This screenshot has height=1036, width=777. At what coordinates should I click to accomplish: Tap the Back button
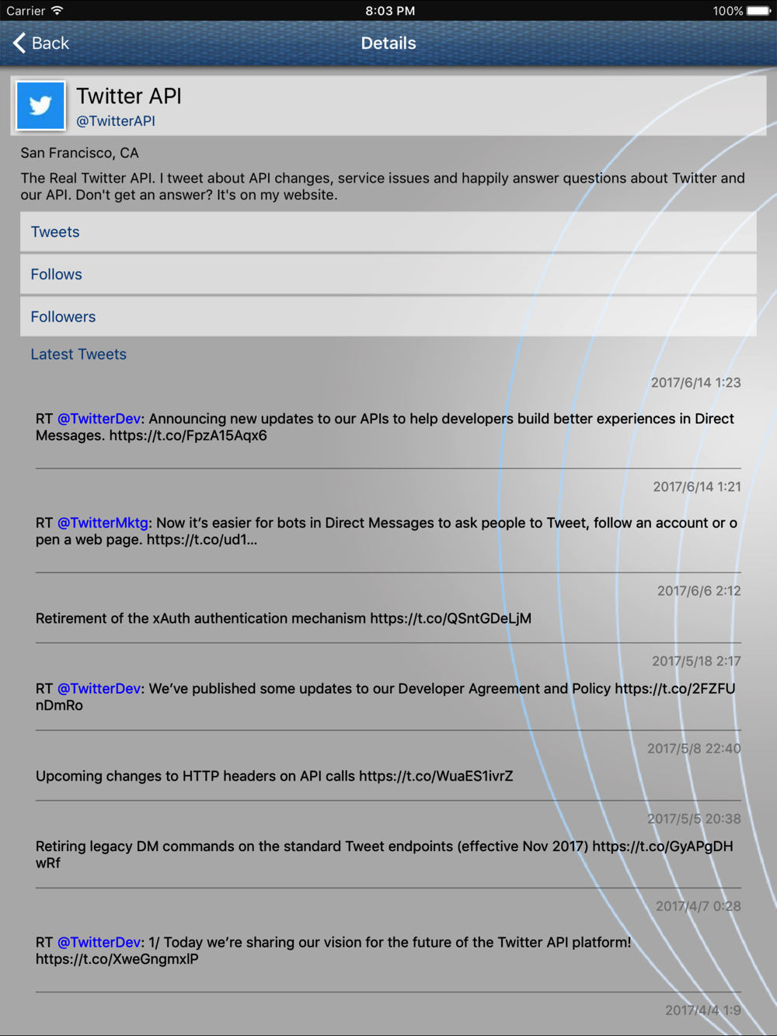(x=41, y=43)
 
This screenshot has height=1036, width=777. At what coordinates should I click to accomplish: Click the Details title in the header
(x=388, y=43)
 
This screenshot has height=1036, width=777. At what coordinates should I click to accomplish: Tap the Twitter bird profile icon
(x=40, y=106)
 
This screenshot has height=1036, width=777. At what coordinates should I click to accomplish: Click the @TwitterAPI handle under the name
(x=116, y=121)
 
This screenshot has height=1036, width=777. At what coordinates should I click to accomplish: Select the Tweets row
(x=388, y=232)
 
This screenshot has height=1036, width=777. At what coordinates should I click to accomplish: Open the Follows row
(x=388, y=274)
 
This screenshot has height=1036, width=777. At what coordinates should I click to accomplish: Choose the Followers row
(x=388, y=317)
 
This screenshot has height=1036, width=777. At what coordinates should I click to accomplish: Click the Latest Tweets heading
(x=78, y=354)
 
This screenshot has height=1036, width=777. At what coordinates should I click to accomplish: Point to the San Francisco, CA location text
(x=79, y=153)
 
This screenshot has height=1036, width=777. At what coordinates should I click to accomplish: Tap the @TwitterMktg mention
(x=103, y=523)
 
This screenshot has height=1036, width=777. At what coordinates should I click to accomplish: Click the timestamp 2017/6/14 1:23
(x=695, y=383)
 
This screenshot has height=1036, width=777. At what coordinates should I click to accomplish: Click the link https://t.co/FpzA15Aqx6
(x=188, y=436)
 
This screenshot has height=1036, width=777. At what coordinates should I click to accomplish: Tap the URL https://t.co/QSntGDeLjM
(x=451, y=619)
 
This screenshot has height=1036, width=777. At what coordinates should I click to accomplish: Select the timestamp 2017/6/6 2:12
(x=699, y=591)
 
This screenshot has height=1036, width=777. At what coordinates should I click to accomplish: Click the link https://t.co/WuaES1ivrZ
(x=436, y=776)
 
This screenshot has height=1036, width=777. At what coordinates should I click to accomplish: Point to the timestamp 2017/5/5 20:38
(x=694, y=819)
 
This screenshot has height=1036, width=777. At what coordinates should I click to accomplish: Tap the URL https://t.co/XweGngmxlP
(x=117, y=959)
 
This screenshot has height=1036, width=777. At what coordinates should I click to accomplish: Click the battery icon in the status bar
(x=758, y=11)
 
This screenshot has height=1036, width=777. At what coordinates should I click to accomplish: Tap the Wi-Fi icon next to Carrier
(x=57, y=11)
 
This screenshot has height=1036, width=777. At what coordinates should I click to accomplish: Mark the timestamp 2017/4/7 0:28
(x=698, y=906)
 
